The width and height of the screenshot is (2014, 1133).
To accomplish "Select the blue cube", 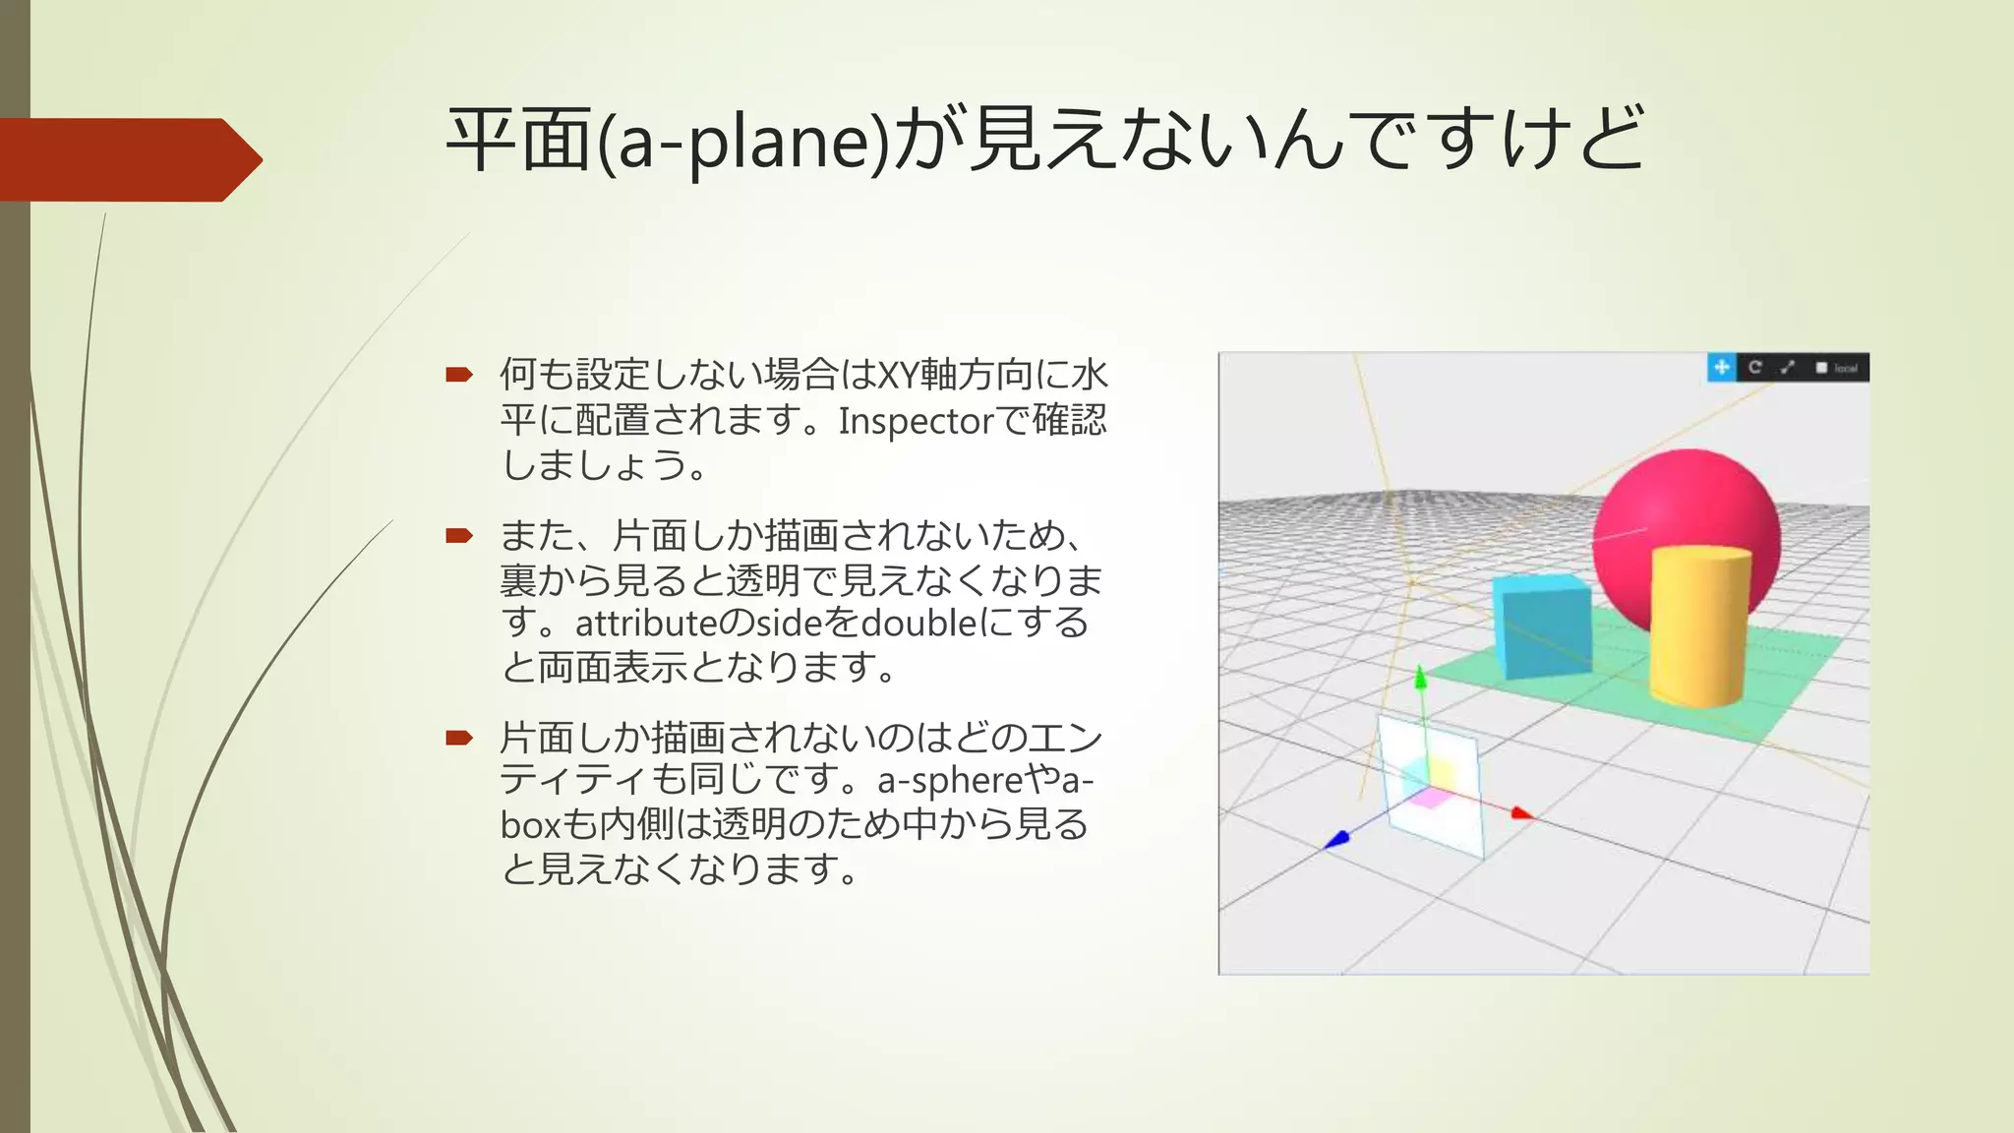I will [1541, 629].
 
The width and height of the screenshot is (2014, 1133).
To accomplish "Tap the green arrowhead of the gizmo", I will [1420, 678].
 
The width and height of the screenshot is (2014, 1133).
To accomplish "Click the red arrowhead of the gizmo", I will [1521, 813].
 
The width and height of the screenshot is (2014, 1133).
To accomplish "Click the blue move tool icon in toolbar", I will [1721, 368].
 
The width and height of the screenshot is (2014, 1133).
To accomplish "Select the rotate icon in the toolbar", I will [1755, 368].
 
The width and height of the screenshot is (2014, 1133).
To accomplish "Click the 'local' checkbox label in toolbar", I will [1845, 369].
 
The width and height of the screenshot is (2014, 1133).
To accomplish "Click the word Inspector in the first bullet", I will [916, 421].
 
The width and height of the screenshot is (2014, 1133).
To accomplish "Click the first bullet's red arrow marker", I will [458, 375].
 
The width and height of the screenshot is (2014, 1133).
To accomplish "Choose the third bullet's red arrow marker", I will [458, 738].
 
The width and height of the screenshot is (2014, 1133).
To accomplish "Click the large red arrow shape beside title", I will [128, 159].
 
